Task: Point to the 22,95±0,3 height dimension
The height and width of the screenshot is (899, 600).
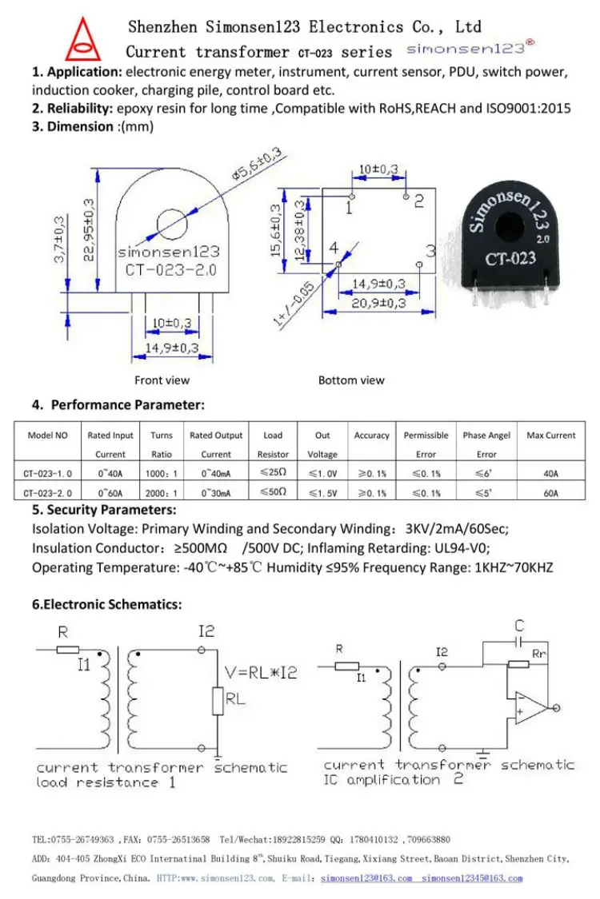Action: [89, 229]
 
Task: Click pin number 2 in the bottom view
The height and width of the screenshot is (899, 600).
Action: [418, 201]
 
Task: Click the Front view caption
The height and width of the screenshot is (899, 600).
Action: [162, 380]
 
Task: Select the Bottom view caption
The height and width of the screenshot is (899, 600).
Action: [351, 380]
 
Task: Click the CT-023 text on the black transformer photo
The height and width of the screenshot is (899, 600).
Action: [510, 258]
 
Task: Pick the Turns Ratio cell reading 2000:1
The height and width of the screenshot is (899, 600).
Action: [162, 493]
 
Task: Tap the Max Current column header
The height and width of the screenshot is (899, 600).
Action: [550, 436]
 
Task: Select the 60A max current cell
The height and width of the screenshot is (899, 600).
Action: [550, 493]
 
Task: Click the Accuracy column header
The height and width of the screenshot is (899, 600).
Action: [371, 436]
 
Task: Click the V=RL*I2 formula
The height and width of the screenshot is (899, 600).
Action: [261, 673]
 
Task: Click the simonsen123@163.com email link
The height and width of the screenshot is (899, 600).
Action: [366, 878]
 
